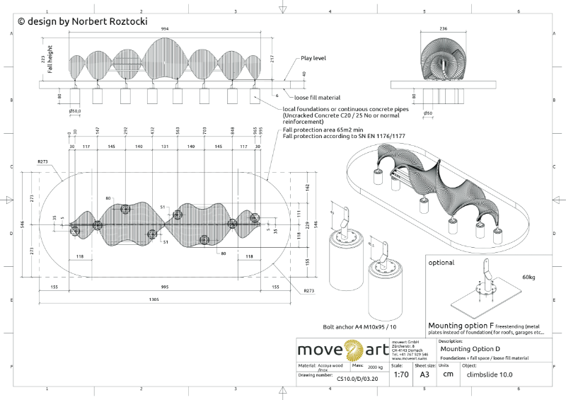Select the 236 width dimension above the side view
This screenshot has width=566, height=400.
tap(444, 28)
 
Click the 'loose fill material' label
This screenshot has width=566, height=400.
tap(317, 97)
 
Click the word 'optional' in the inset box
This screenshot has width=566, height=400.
tap(443, 262)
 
